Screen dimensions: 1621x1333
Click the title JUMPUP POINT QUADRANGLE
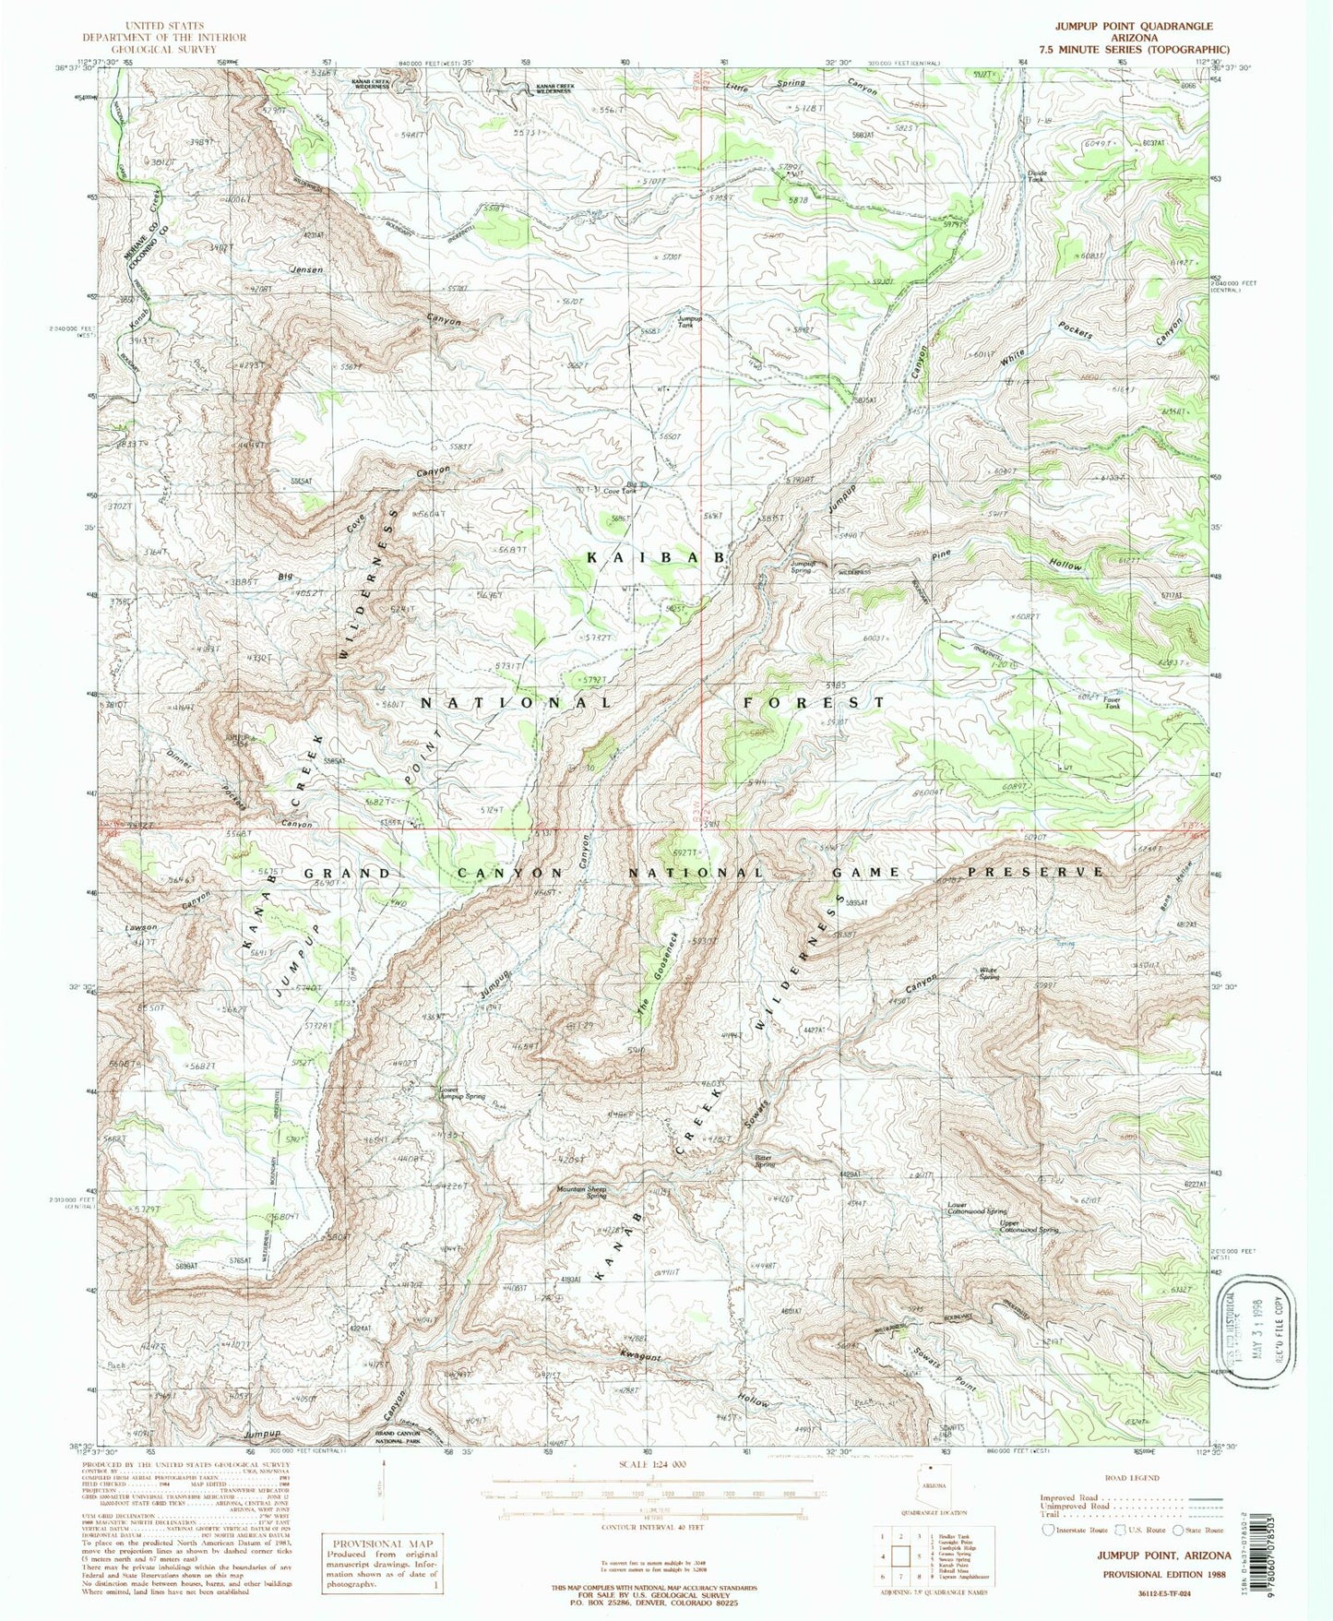[1134, 26]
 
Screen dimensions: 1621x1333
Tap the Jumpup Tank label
[689, 322]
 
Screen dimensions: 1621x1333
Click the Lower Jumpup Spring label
[462, 1093]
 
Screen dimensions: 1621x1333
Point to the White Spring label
[991, 973]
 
